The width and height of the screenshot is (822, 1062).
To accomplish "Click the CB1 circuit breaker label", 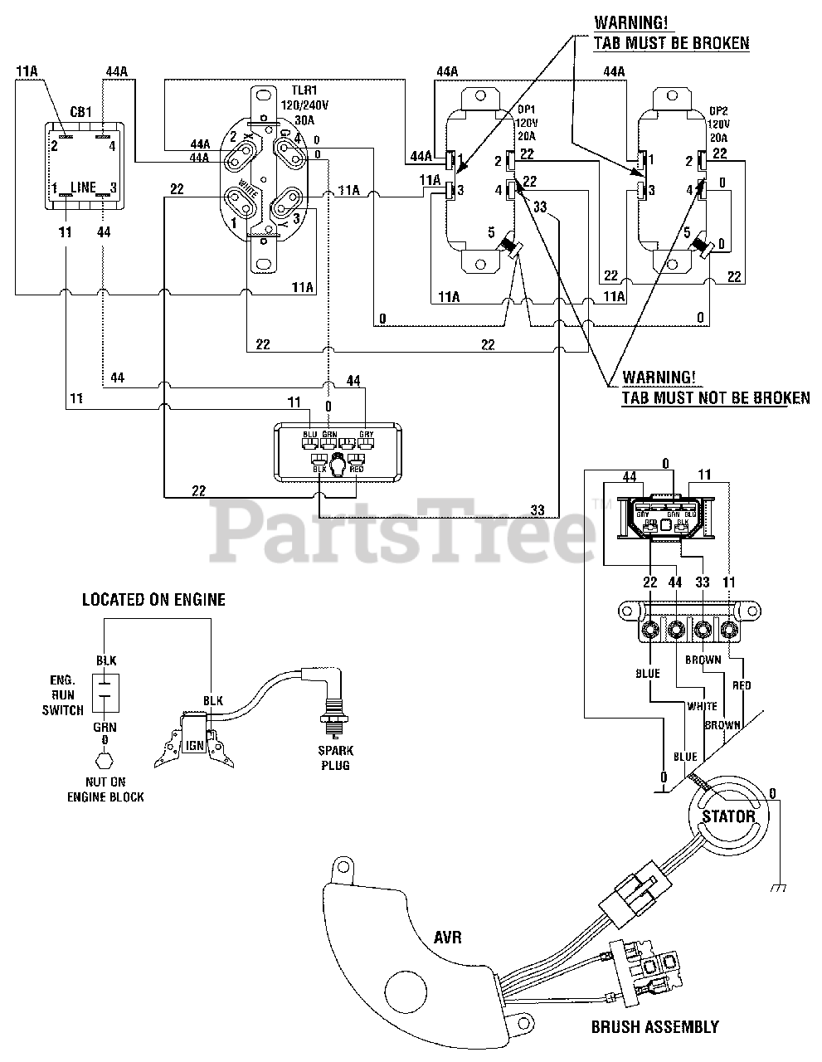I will pyautogui.click(x=80, y=112).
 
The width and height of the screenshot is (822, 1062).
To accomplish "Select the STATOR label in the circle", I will pyautogui.click(x=728, y=816).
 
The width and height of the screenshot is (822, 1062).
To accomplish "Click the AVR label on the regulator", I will pyautogui.click(x=447, y=938).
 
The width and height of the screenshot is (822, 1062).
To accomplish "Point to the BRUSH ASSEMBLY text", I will pyautogui.click(x=654, y=1026).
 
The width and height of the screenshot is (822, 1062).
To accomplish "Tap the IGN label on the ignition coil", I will pyautogui.click(x=195, y=744).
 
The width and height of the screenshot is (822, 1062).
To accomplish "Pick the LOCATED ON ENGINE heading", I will pyautogui.click(x=153, y=599).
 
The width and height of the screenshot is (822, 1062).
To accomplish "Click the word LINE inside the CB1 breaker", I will pyautogui.click(x=83, y=187).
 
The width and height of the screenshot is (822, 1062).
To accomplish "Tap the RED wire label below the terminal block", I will pyautogui.click(x=741, y=685).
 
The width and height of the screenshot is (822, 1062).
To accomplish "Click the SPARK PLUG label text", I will pyautogui.click(x=335, y=758).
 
